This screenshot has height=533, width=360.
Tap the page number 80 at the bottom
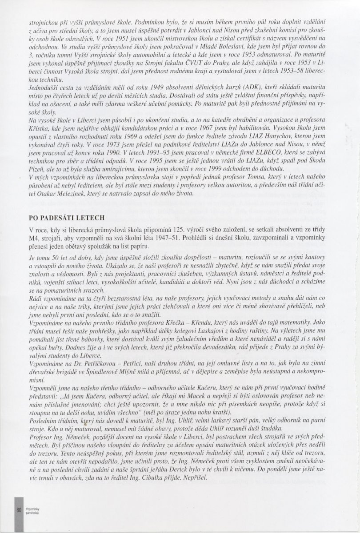tap(18, 509)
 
